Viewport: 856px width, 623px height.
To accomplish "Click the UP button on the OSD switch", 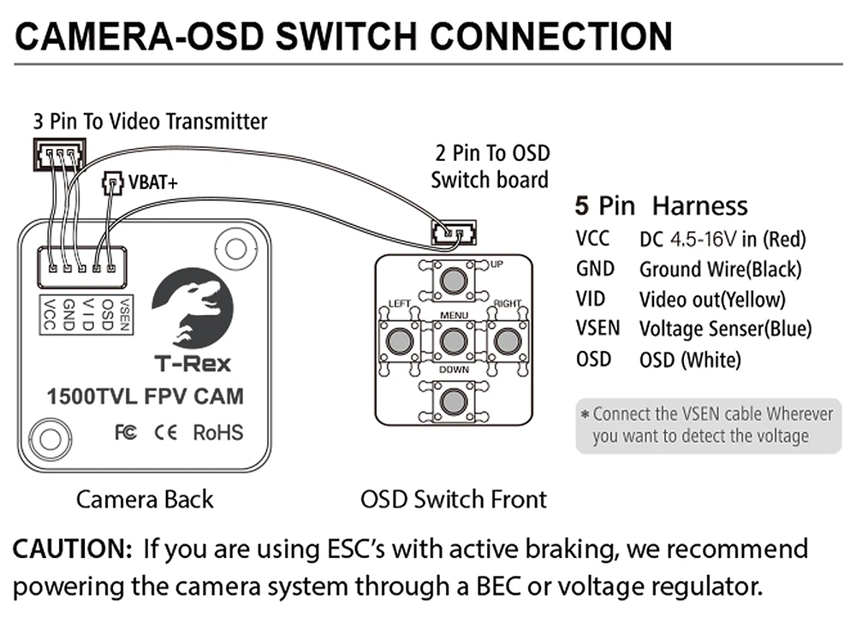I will click(454, 279).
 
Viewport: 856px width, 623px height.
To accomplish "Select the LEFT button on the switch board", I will click(398, 341).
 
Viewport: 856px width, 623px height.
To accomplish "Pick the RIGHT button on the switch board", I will click(508, 341).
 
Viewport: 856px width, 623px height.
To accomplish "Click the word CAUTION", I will click(71, 549).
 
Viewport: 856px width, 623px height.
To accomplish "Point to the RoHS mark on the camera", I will click(217, 432).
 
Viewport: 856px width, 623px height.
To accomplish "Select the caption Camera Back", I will click(145, 499).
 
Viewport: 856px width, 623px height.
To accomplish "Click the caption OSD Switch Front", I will click(454, 499).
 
